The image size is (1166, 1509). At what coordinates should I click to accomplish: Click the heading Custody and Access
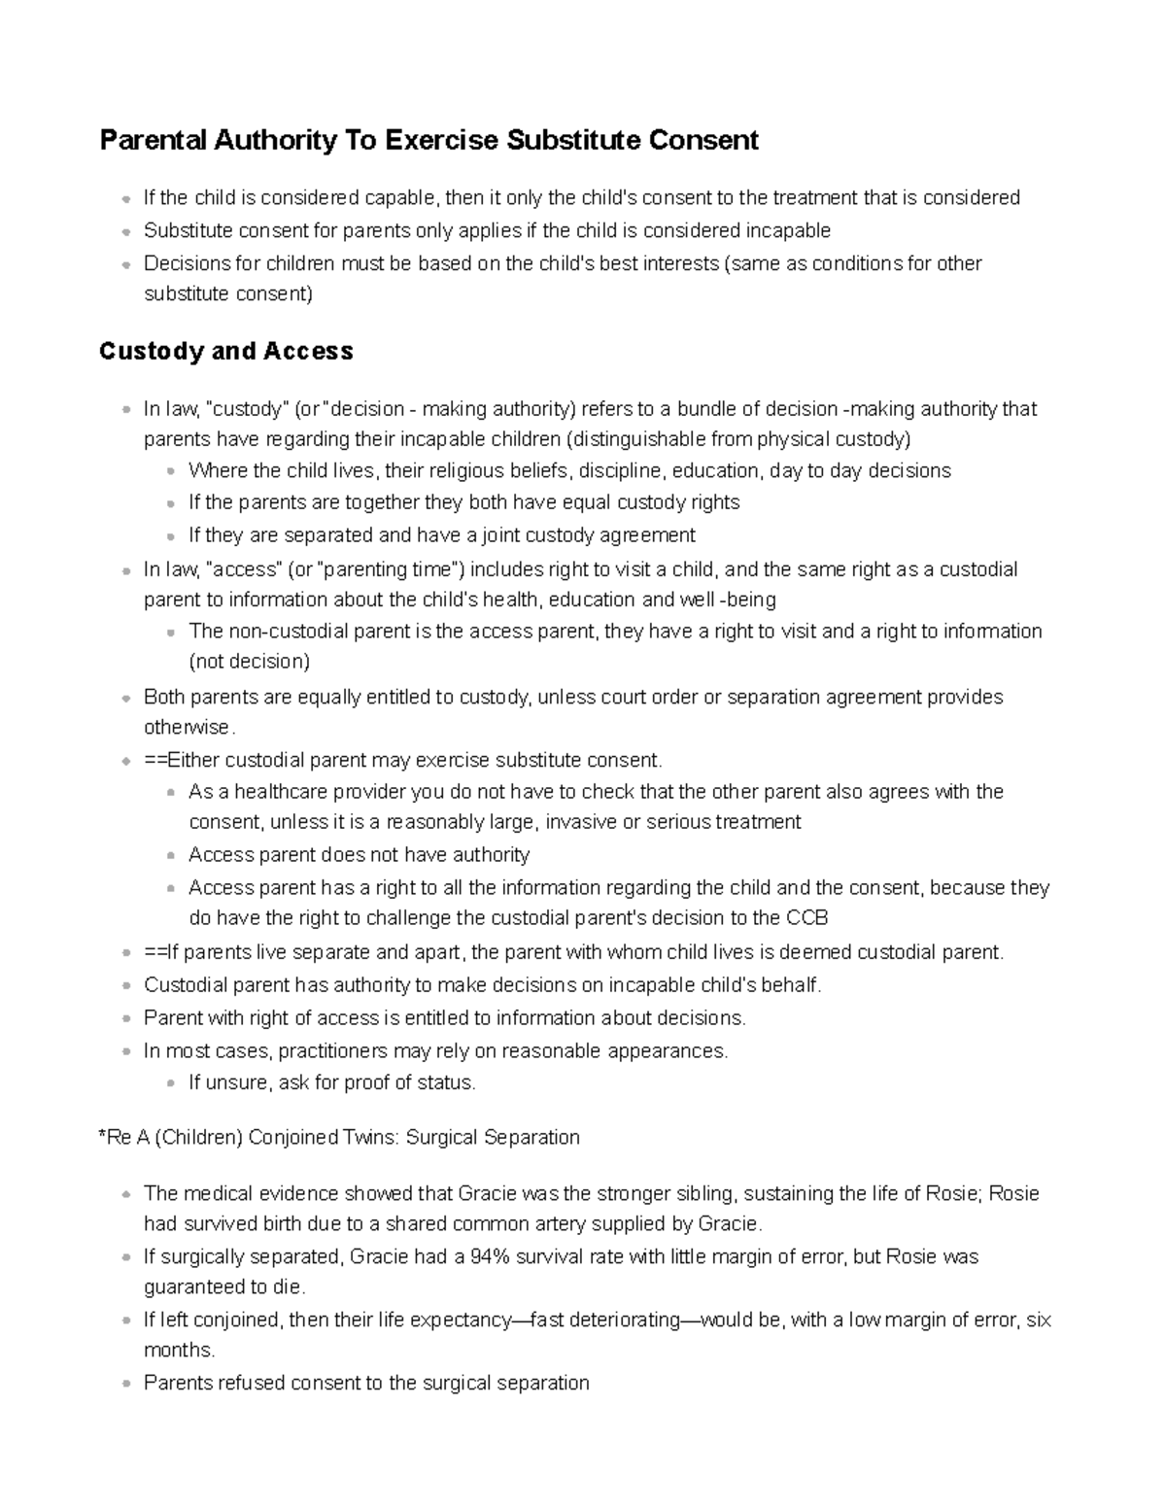point(225,351)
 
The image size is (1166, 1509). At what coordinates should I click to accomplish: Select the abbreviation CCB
point(806,917)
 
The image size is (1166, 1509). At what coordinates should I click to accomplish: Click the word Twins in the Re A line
point(364,1137)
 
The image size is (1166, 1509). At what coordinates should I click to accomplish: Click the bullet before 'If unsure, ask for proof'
point(171,1083)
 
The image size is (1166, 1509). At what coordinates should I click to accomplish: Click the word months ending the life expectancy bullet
point(178,1350)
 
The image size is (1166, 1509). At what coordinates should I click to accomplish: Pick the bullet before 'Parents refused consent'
point(126,1384)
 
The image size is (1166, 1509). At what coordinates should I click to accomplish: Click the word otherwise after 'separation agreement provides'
point(188,727)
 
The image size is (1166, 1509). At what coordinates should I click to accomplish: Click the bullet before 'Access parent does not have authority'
point(171,856)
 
